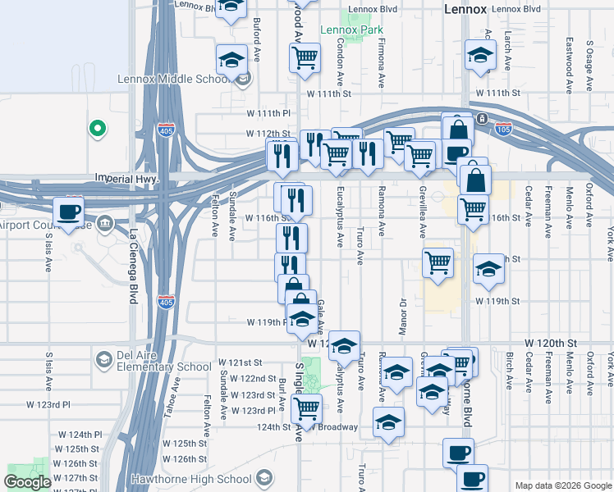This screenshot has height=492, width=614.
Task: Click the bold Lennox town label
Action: (x=465, y=9)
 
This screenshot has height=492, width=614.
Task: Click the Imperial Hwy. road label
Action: (x=125, y=177)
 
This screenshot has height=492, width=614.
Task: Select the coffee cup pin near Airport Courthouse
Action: (x=68, y=211)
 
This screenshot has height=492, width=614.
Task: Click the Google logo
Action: (x=27, y=483)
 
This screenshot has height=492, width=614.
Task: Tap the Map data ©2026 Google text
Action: (x=562, y=485)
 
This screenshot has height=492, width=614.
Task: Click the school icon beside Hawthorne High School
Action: (x=263, y=477)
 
